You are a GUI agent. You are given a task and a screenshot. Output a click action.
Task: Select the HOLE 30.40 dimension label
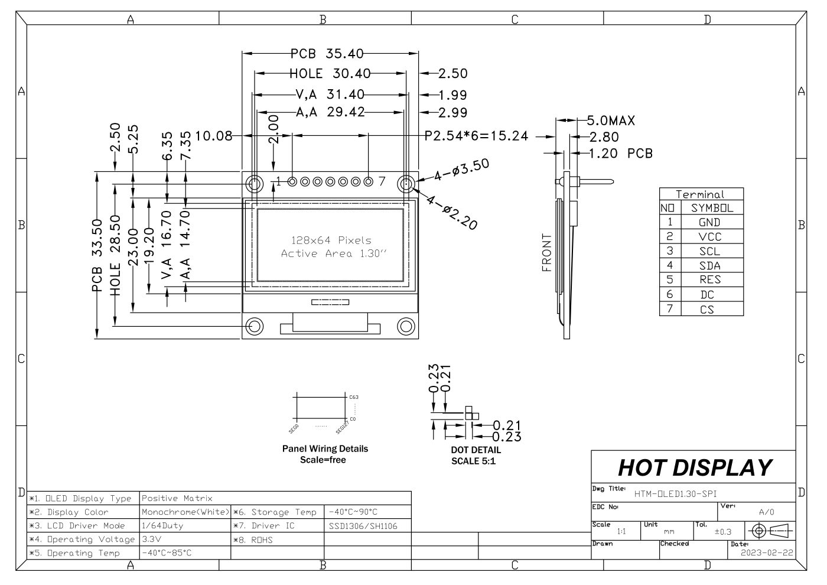pyautogui.click(x=330, y=74)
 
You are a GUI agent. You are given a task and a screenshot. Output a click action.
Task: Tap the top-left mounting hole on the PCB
pyautogui.click(x=255, y=184)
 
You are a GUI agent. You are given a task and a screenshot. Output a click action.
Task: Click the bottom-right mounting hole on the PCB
pyautogui.click(x=406, y=326)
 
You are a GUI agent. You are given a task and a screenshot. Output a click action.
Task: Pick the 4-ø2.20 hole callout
pyautogui.click(x=452, y=212)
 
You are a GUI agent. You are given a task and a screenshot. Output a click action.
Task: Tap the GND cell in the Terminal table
pyautogui.click(x=709, y=223)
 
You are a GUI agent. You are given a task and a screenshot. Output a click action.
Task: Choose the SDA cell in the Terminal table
pyautogui.click(x=709, y=266)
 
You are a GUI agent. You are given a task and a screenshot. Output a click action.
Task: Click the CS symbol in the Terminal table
pyautogui.click(x=707, y=309)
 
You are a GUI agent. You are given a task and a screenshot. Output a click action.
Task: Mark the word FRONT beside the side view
pyautogui.click(x=546, y=252)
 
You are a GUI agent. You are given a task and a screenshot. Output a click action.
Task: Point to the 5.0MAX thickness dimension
pyautogui.click(x=610, y=121)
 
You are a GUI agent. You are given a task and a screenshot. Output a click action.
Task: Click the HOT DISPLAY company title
pyautogui.click(x=695, y=467)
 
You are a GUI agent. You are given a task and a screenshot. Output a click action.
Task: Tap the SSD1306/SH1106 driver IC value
pyautogui.click(x=362, y=526)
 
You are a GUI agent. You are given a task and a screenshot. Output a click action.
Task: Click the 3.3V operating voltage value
pyautogui.click(x=152, y=539)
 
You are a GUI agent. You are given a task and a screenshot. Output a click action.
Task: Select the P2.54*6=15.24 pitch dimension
pyautogui.click(x=476, y=136)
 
